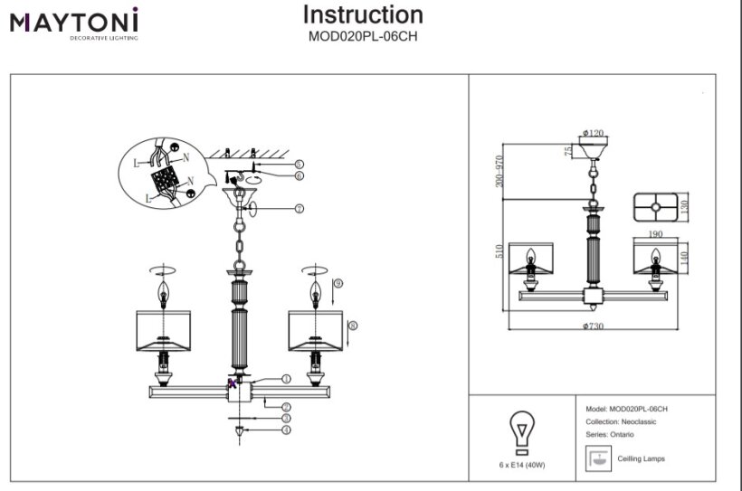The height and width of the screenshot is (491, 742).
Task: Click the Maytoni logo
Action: click(x=74, y=23)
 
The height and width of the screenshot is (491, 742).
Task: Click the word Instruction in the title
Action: click(x=362, y=14)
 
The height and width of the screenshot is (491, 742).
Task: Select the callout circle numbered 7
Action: click(x=299, y=208)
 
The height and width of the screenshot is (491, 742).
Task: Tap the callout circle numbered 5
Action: click(x=299, y=164)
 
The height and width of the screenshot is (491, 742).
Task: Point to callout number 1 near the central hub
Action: click(x=286, y=379)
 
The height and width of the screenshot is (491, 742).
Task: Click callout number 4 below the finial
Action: click(x=286, y=430)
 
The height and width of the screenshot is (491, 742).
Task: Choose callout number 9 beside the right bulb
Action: click(x=338, y=284)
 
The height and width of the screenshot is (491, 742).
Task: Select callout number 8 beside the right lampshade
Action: click(x=352, y=326)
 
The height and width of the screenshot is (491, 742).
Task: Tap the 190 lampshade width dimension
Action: click(x=655, y=235)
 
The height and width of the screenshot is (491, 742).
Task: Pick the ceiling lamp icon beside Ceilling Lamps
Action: click(x=597, y=458)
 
